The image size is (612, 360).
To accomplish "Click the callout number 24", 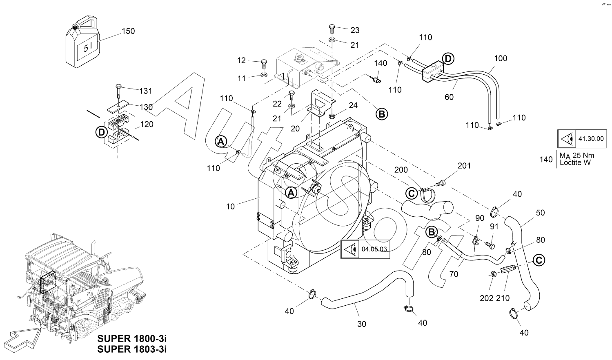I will click(353, 106).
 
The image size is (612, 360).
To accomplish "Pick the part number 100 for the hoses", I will click(501, 58).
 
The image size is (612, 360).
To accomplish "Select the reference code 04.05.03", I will click(374, 249).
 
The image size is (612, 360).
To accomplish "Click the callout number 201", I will click(464, 166).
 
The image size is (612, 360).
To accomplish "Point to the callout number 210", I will click(503, 298).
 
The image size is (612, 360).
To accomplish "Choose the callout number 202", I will click(486, 298).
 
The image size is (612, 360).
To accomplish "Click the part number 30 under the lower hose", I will click(362, 324).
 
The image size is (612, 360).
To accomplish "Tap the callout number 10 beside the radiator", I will click(231, 207).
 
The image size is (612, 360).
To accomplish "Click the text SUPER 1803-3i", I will click(132, 349).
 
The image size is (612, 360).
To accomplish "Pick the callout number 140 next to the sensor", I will click(381, 63).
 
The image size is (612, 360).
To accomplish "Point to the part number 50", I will click(540, 213).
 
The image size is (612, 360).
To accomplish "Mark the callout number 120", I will click(147, 124).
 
